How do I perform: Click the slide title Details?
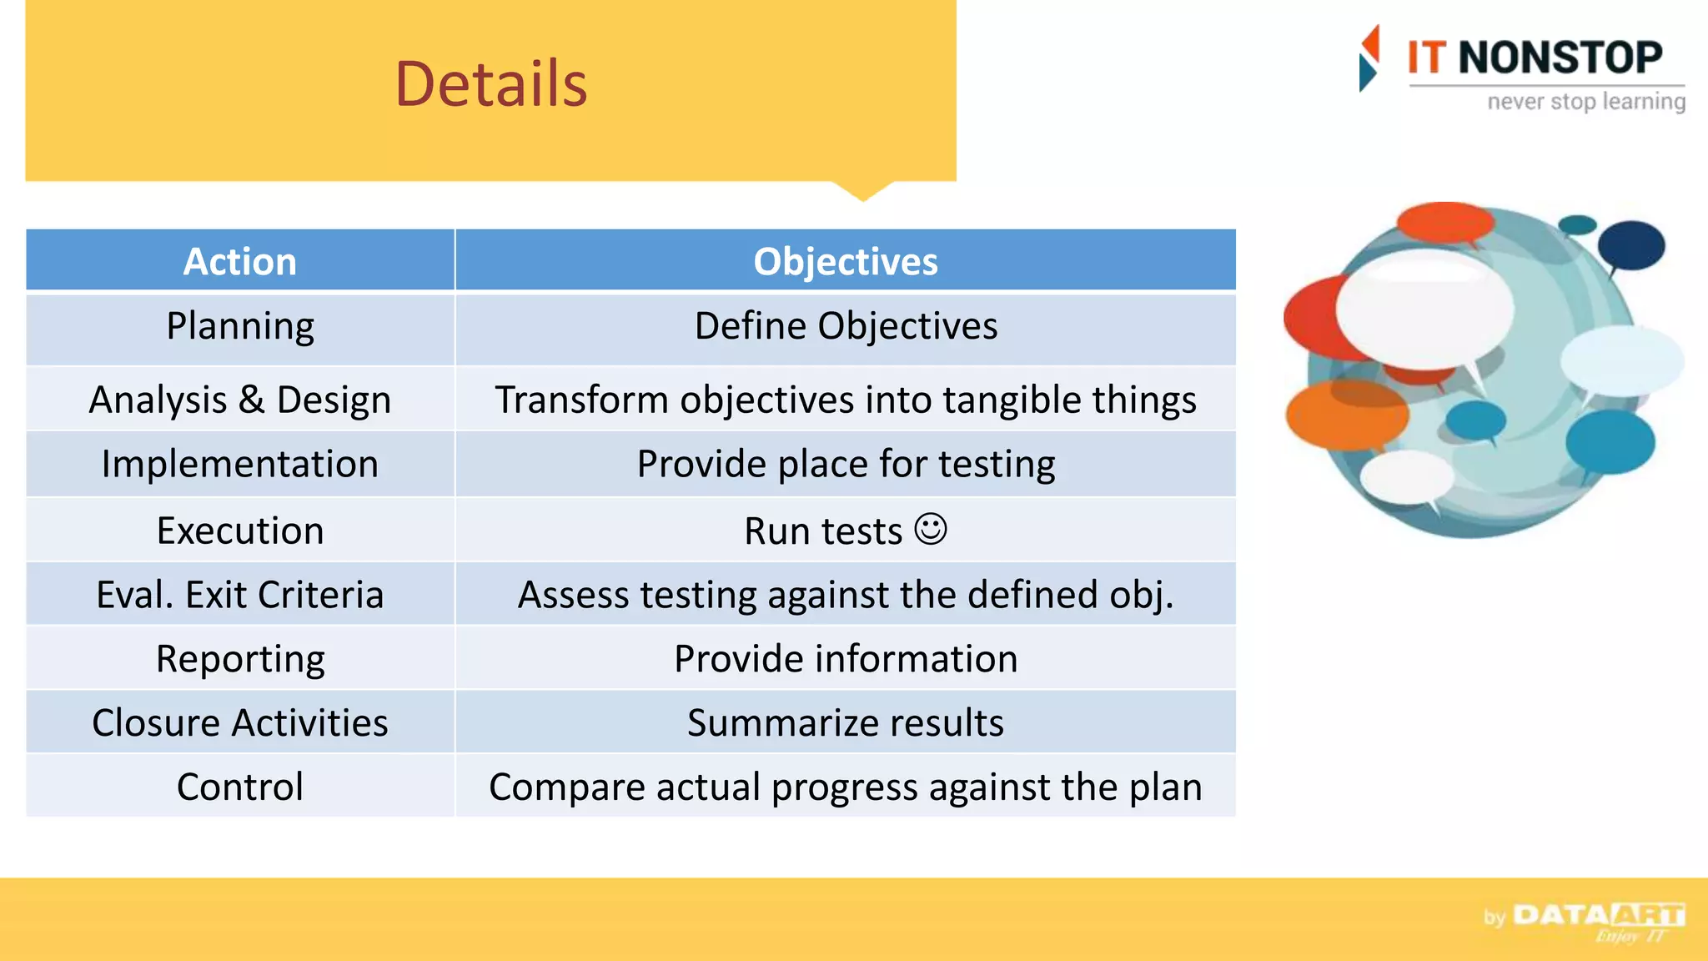tap(490, 84)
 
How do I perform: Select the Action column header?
tap(240, 262)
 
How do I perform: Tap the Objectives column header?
tap(845, 262)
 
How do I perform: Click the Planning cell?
tap(240, 326)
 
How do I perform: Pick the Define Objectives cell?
tap(845, 326)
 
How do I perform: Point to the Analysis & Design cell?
tap(240, 400)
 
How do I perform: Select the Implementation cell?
tap(240, 464)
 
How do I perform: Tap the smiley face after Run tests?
tap(930, 529)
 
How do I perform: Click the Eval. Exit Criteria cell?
tap(240, 595)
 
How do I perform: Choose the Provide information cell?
tap(845, 659)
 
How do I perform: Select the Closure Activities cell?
tap(240, 722)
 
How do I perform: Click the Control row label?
tap(240, 787)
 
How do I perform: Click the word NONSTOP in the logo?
tap(1560, 58)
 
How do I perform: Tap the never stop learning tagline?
tap(1585, 102)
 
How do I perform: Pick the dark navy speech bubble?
tap(1632, 245)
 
